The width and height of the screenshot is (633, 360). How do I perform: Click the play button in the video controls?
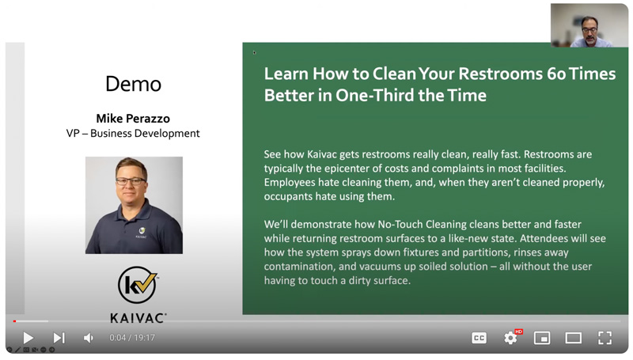tap(28, 338)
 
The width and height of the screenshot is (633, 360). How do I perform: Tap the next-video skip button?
tap(59, 338)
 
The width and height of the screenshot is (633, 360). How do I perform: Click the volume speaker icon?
tap(89, 338)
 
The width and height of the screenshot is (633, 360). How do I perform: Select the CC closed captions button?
tap(479, 338)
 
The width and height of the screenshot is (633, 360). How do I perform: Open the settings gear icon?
tap(510, 338)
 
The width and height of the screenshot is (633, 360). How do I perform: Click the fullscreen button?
tap(605, 338)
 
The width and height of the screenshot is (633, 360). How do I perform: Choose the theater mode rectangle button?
tap(573, 338)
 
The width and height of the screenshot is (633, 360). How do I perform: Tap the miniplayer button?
tap(542, 338)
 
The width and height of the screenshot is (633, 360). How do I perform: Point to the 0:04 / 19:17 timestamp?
tap(132, 337)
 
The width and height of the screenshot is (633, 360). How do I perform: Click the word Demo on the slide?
tap(133, 84)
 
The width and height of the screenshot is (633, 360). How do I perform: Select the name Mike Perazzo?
tap(133, 118)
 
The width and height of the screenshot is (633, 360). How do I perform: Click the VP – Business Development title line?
tap(133, 133)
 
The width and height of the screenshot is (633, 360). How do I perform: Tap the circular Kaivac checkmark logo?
tap(137, 285)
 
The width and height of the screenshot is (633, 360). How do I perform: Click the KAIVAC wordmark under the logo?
tap(138, 318)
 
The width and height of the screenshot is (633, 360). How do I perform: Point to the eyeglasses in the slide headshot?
tap(131, 181)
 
